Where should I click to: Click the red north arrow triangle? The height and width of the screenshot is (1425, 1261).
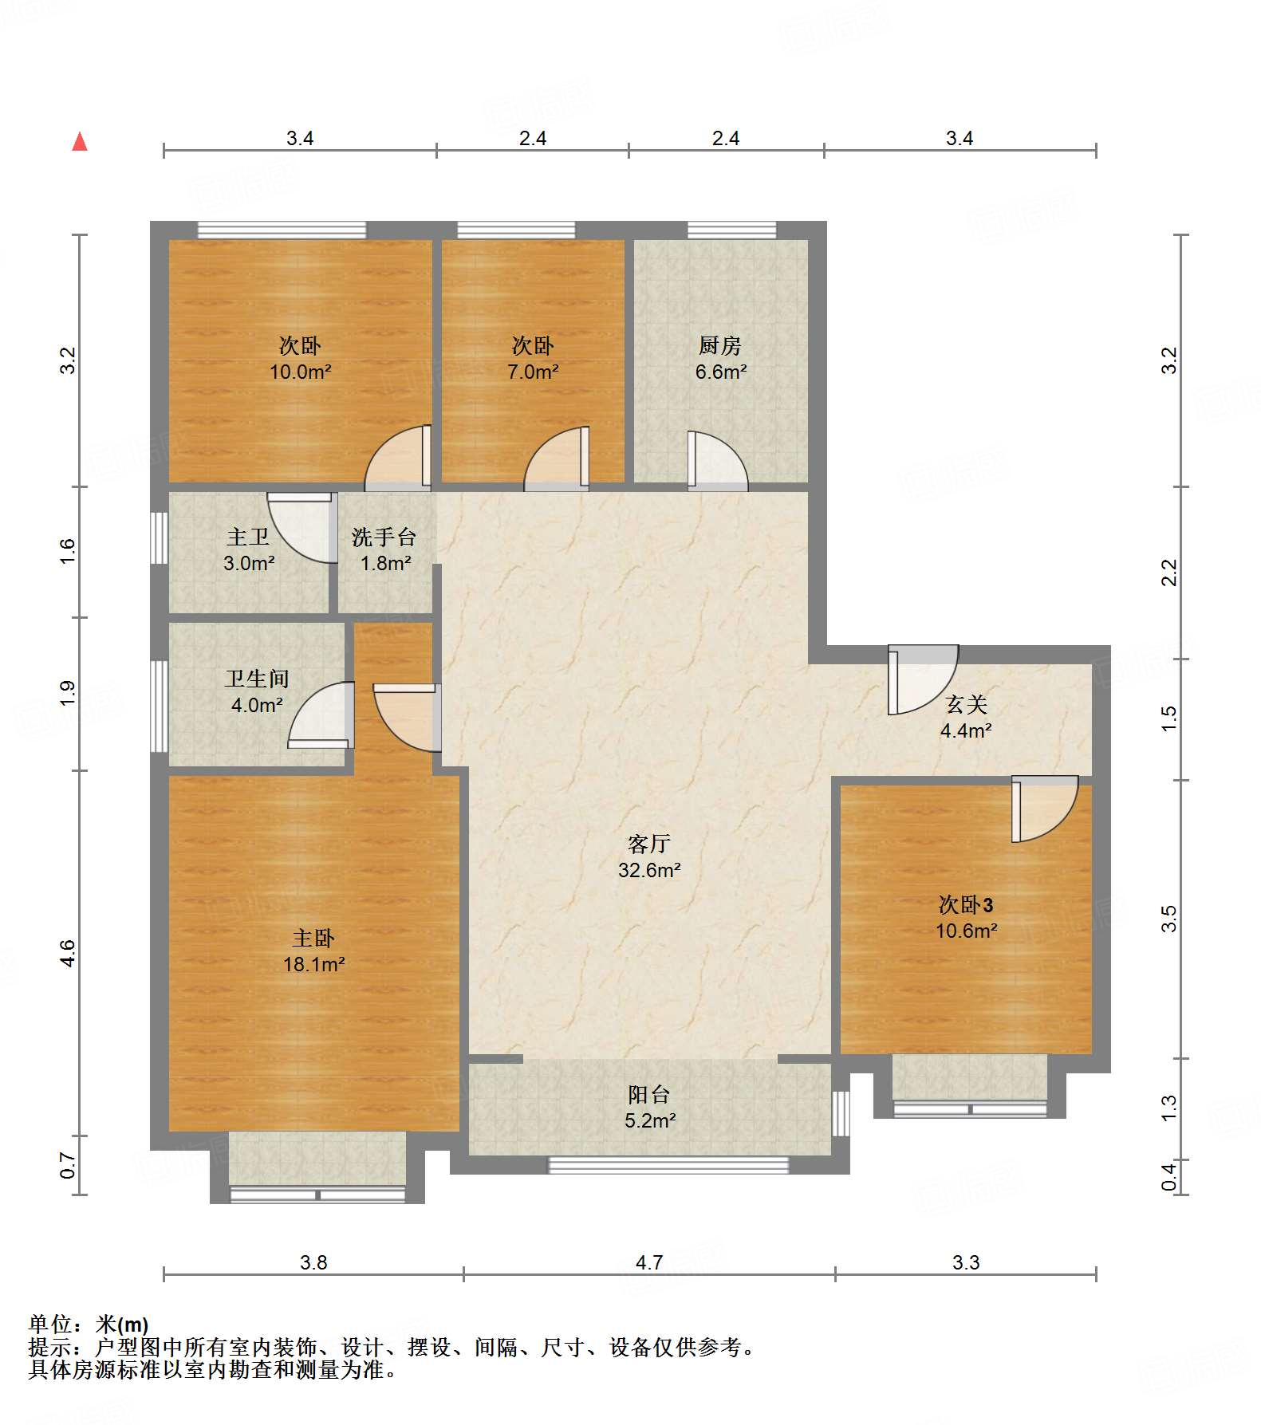point(80,142)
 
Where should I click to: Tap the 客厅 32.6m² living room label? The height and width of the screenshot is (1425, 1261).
point(648,856)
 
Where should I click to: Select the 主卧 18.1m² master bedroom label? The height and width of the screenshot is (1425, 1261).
point(313,951)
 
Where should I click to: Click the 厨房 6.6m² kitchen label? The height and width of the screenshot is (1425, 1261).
point(720,358)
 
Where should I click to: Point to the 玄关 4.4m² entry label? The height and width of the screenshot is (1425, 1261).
point(966,717)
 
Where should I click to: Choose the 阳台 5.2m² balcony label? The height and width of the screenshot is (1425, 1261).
point(649,1107)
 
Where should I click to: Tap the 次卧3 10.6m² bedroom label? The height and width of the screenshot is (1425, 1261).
point(966,917)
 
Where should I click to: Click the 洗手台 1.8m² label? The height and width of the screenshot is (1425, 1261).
point(384,549)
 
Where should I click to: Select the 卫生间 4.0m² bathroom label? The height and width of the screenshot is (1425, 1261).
point(257,691)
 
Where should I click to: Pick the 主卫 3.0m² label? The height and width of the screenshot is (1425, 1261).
point(248,549)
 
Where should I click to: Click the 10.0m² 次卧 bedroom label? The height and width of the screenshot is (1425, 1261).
point(300,358)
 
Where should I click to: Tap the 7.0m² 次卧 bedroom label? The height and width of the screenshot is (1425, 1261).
point(533,358)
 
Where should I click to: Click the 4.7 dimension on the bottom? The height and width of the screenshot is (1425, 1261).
point(648,1262)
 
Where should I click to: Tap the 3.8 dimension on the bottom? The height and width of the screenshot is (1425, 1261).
point(313,1262)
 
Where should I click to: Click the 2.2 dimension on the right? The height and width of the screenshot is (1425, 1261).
point(1168,573)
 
